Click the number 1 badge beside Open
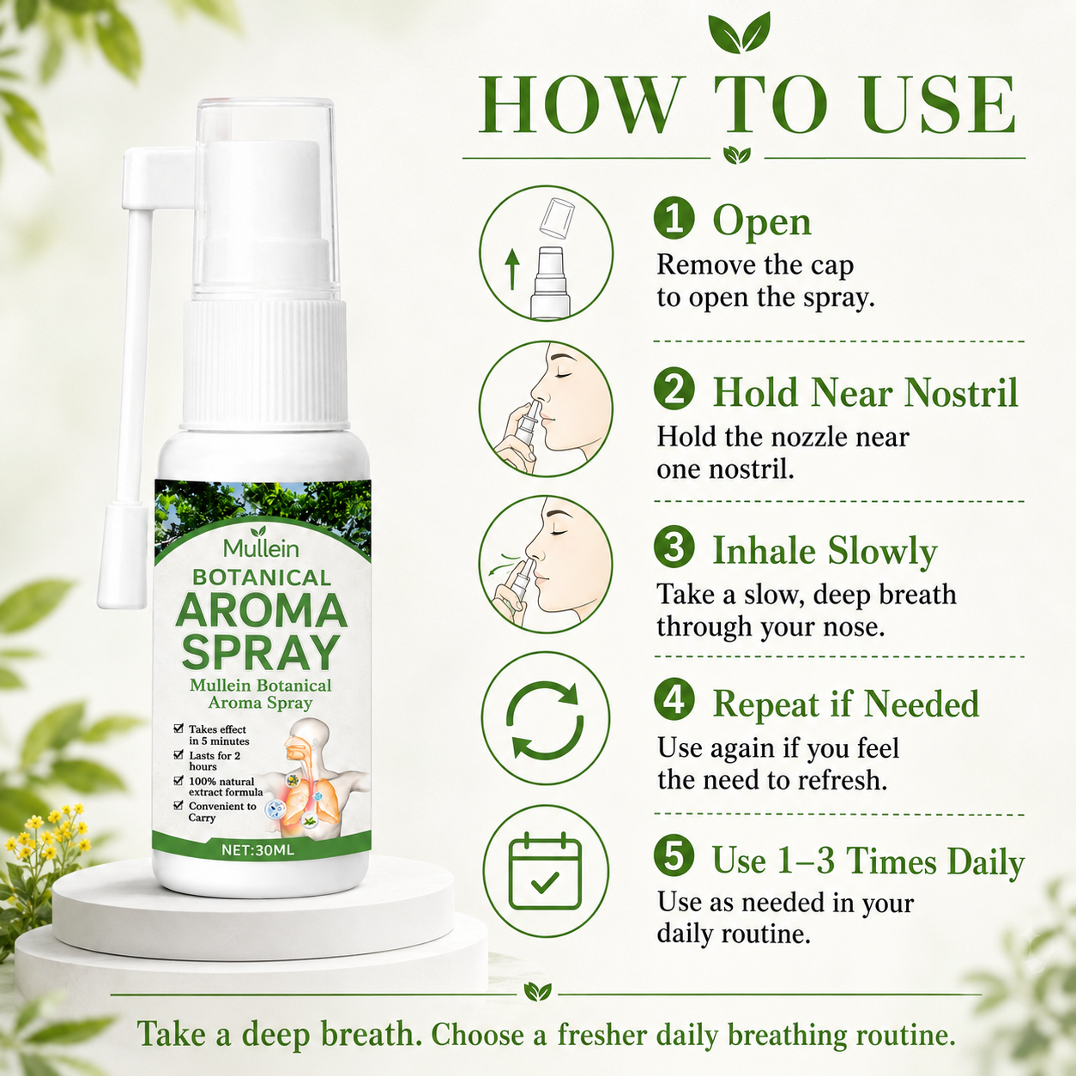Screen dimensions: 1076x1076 [674, 220]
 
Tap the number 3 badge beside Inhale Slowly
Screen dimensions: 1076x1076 [674, 547]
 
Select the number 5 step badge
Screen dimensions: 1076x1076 [674, 857]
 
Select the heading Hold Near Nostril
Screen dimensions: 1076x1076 [865, 392]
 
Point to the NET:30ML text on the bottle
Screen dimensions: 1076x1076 [258, 850]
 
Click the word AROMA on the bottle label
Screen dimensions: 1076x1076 [262, 610]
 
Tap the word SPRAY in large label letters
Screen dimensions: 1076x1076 [262, 652]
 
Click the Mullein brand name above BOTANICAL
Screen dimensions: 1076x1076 [262, 549]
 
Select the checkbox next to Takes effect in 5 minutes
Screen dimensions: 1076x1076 [178, 728]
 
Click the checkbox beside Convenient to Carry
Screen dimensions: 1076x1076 [178, 805]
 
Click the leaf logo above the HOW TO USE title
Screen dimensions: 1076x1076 [738, 33]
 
